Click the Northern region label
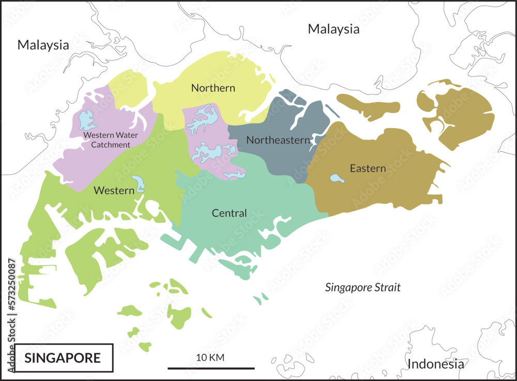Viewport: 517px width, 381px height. tap(213, 88)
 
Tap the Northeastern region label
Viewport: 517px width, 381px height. tap(278, 140)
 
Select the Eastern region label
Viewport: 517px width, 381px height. tap(368, 169)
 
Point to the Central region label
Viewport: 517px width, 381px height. tap(229, 213)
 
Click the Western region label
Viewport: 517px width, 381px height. tap(114, 191)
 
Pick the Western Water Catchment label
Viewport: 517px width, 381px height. tap(107, 140)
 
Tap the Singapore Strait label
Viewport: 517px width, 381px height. tap(362, 287)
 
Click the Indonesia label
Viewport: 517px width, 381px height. tap(436, 364)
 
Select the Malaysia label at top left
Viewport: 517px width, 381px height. tap(43, 45)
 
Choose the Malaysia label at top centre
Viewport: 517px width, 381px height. tap(333, 29)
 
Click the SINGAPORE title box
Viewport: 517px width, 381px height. tap(63, 357)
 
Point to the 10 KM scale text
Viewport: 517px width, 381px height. tap(210, 357)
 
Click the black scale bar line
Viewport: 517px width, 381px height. tap(211, 369)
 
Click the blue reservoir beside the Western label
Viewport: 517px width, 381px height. tap(138, 184)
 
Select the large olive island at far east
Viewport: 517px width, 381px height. tap(460, 116)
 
